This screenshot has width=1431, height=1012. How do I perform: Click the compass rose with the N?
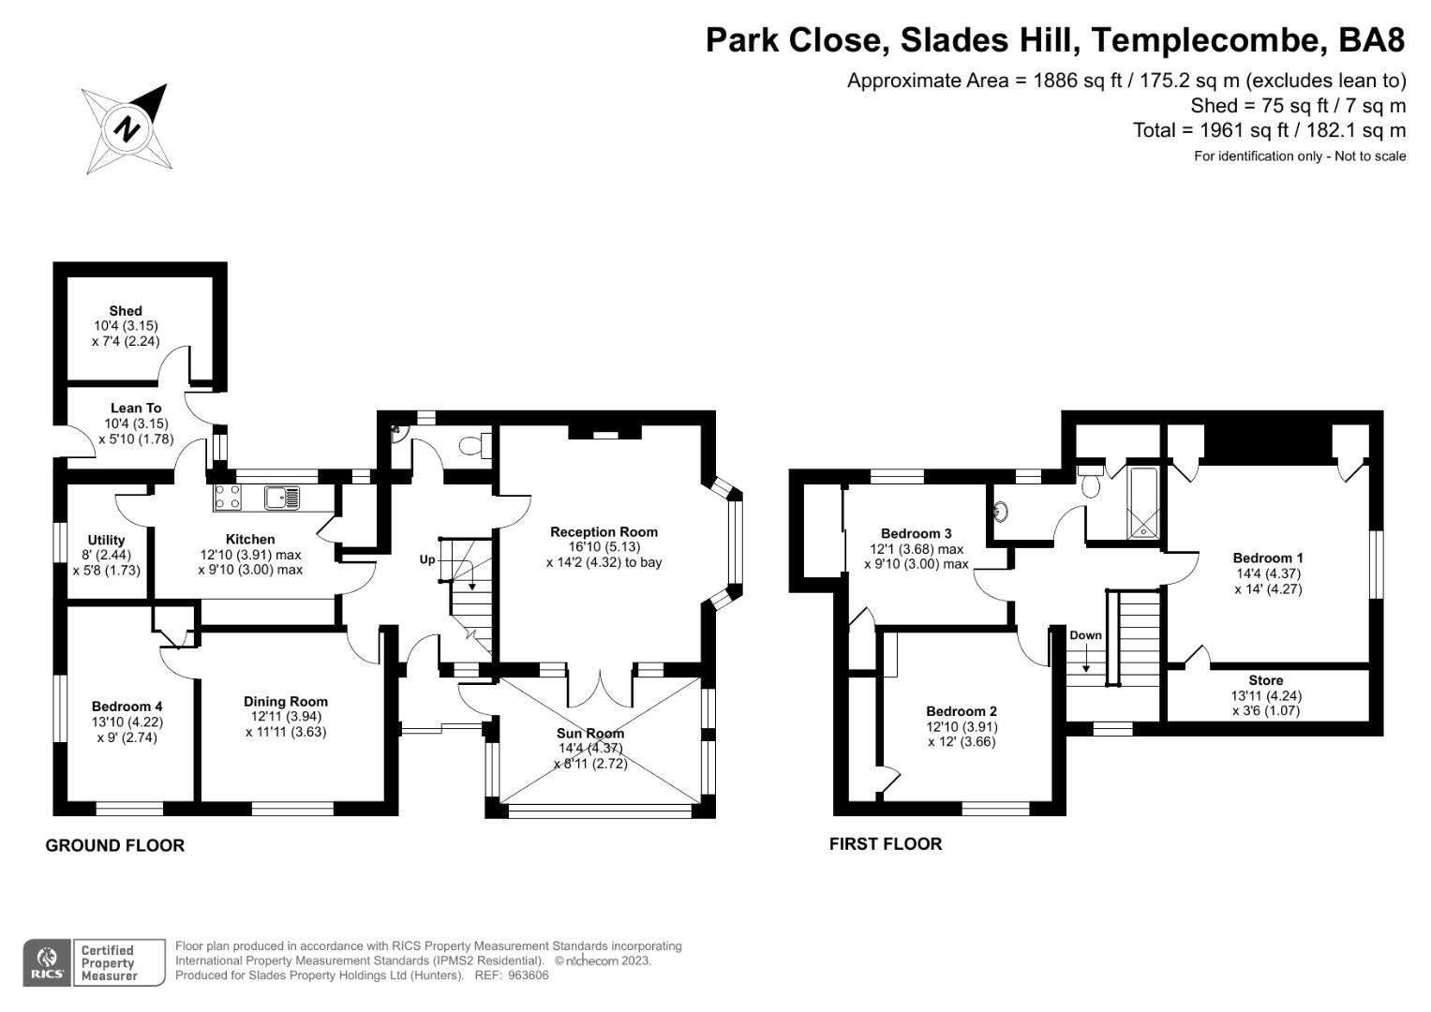click(126, 129)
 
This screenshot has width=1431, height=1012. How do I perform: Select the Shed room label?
click(126, 310)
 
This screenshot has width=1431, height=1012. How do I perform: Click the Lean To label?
click(136, 408)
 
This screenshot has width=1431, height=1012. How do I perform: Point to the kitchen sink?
click(281, 498)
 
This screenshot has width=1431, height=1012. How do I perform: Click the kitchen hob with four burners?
click(228, 498)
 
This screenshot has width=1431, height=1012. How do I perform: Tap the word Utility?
click(106, 540)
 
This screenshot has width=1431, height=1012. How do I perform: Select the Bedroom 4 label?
click(127, 707)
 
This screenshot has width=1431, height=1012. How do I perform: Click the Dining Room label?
click(286, 701)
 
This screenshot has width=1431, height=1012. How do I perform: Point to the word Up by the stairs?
click(427, 559)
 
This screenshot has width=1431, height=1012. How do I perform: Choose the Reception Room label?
click(604, 532)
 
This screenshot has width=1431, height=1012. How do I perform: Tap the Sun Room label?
click(590, 733)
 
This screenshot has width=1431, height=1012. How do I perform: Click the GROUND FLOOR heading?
click(115, 845)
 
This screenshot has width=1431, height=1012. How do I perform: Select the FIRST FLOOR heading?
click(886, 844)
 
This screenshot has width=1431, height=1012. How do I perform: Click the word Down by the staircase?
click(1086, 635)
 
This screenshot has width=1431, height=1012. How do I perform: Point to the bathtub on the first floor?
click(1143, 503)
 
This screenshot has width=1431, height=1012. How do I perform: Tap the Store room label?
click(1266, 680)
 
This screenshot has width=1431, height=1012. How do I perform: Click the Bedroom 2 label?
click(961, 711)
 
